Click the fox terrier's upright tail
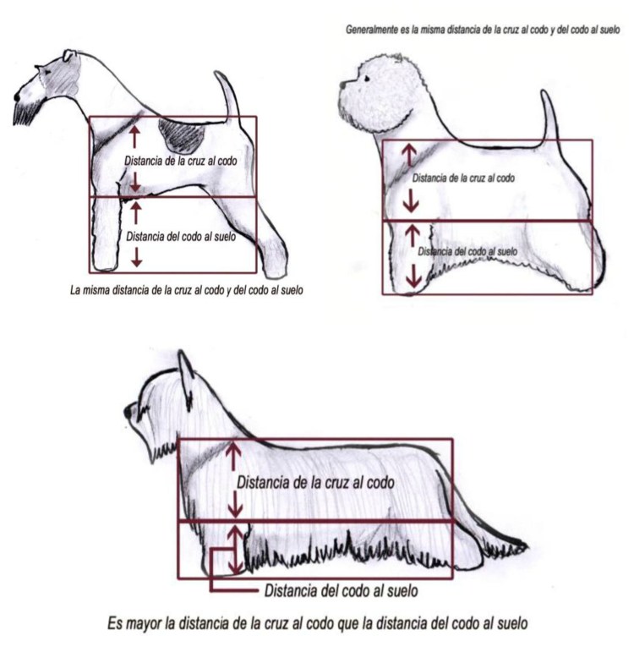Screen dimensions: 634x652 pyautogui.click(x=228, y=96)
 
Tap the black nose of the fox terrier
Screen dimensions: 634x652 pyautogui.click(x=17, y=97)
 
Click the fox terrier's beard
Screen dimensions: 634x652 pyautogui.click(x=25, y=113)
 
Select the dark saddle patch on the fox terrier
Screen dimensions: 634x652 pyautogui.click(x=182, y=135)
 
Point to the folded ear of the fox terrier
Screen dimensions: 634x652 pyautogui.click(x=70, y=55)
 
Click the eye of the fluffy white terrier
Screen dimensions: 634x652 pyautogui.click(x=367, y=79)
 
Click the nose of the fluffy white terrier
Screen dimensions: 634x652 pyautogui.click(x=342, y=85)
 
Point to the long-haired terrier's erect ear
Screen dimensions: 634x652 pyautogui.click(x=186, y=371)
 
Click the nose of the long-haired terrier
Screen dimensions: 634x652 pyautogui.click(x=127, y=412)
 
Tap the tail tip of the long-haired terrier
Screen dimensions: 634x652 pyautogui.click(x=524, y=547)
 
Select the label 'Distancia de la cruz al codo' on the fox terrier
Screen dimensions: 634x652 pyautogui.click(x=181, y=162)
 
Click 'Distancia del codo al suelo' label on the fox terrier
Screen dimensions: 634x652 pyautogui.click(x=181, y=237)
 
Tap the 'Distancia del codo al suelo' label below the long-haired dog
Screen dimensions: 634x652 pyautogui.click(x=341, y=590)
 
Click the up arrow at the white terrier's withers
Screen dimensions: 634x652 pyautogui.click(x=409, y=155)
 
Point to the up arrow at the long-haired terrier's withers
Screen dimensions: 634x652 pyautogui.click(x=233, y=457)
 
